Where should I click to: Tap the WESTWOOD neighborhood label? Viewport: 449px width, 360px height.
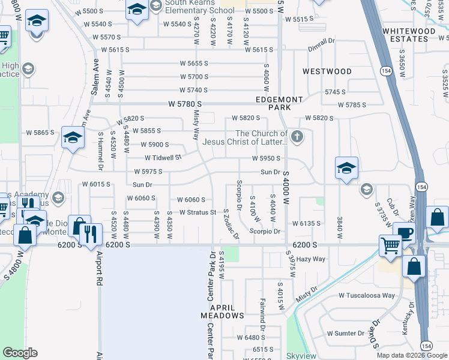[327, 71]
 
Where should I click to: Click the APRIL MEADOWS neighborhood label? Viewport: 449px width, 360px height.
[222, 311]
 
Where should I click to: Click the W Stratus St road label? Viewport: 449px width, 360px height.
[197, 212]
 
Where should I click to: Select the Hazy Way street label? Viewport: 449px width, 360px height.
[311, 259]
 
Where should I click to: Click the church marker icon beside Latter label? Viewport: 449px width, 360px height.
[297, 138]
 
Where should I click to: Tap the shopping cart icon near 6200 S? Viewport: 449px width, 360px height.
[390, 245]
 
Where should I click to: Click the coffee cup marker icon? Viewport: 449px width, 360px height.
[404, 233]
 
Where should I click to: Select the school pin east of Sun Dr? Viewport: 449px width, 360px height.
[346, 168]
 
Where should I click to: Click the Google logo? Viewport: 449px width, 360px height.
[20, 352]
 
